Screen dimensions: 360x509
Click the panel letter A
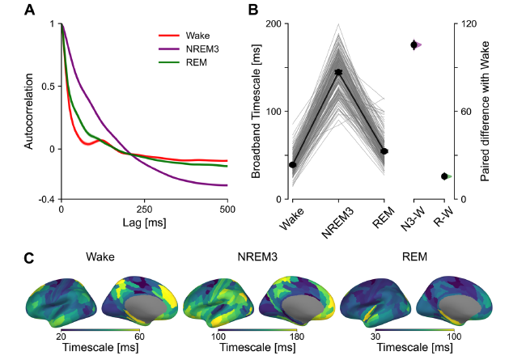point(29,11)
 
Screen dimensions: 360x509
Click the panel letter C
point(29,260)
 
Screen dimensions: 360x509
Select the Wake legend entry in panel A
point(197,36)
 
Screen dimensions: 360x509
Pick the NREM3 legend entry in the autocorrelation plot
point(201,50)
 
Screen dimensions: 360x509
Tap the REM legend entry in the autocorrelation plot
point(195,63)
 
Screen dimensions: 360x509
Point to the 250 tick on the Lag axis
point(144,209)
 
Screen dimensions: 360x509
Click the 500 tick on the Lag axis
point(227,209)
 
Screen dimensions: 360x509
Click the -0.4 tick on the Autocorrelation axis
point(47,199)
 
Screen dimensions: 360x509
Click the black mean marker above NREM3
point(338,73)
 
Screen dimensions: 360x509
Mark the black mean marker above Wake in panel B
point(293,164)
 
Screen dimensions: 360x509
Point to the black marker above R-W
point(444,176)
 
